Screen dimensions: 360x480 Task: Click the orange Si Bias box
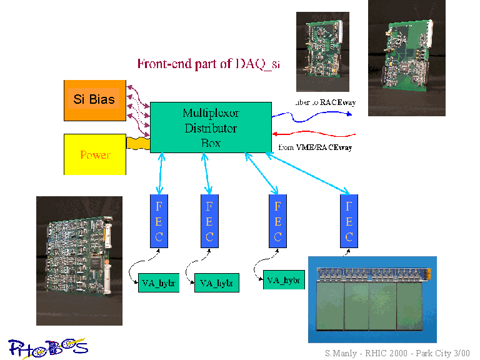coord(94,100)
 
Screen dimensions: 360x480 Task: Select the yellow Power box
coord(95,154)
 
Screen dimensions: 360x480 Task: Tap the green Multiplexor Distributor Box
coord(211,127)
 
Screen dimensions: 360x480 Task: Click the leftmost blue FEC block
coord(159,221)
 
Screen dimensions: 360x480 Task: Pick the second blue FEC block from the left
coord(209,221)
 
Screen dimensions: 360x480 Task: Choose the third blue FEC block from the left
coord(277,221)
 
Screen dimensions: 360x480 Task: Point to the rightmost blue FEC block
coord(349,221)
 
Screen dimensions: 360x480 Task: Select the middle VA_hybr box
coord(217,283)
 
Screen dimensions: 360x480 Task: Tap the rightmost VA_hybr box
coord(284,280)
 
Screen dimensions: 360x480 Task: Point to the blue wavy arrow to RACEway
coord(312,114)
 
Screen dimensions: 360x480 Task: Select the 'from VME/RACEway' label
coord(315,147)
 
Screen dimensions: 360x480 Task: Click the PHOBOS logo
coord(47,347)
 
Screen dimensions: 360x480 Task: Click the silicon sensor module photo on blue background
coord(372,299)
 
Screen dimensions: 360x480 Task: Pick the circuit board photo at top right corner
coord(406,57)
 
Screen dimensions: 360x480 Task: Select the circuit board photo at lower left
coord(79,261)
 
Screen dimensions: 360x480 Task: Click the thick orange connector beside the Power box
coord(138,143)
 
